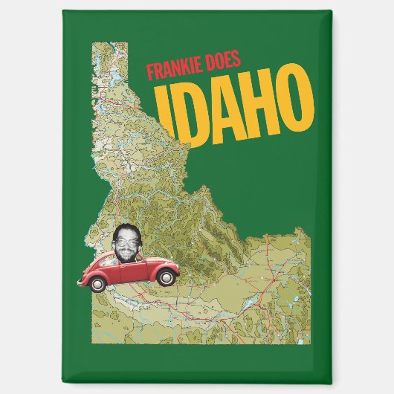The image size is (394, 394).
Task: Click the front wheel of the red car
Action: (168, 277)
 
